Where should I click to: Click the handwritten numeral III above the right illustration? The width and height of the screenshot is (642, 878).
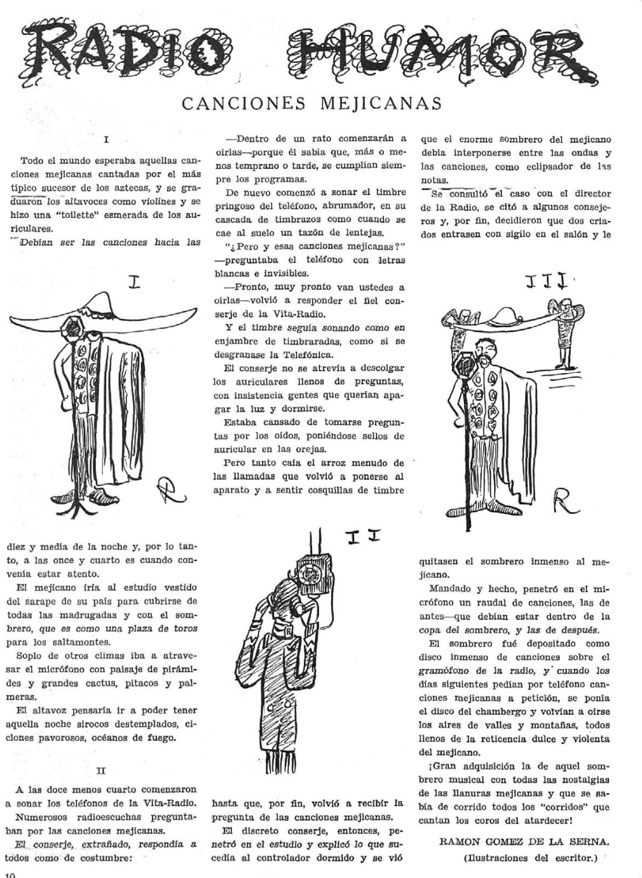click(x=542, y=284)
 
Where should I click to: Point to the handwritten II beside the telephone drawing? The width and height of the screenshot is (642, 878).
click(x=364, y=537)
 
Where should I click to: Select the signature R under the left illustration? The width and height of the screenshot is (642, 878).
click(x=168, y=490)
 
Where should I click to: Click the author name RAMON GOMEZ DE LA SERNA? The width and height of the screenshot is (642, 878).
click(x=524, y=842)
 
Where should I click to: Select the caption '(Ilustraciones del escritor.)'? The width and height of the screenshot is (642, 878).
click(x=531, y=858)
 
